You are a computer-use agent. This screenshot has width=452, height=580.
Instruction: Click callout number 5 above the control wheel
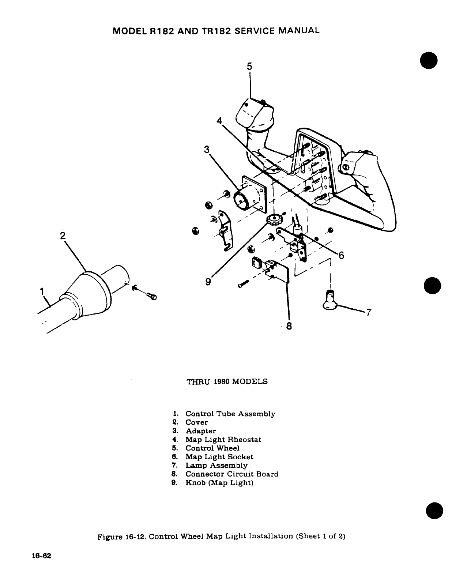pos(249,66)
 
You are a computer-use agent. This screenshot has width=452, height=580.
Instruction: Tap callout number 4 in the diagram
pos(219,121)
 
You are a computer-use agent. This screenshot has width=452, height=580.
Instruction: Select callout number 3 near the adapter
pos(207,149)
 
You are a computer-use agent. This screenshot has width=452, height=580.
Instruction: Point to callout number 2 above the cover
pos(63,235)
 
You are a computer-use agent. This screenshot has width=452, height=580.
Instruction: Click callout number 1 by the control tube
pos(42,291)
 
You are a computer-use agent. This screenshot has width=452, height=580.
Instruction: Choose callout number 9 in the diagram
pos(208,281)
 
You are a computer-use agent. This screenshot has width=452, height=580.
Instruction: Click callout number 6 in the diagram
pos(341,256)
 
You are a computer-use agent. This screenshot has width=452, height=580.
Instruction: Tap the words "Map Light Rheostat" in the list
pos(223,440)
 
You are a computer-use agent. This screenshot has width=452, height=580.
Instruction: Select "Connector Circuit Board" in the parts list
pos(232,474)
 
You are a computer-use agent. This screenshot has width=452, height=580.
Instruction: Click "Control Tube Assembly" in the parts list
pos(230,414)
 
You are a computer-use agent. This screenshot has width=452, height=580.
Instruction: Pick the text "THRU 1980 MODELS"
pos(227,381)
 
